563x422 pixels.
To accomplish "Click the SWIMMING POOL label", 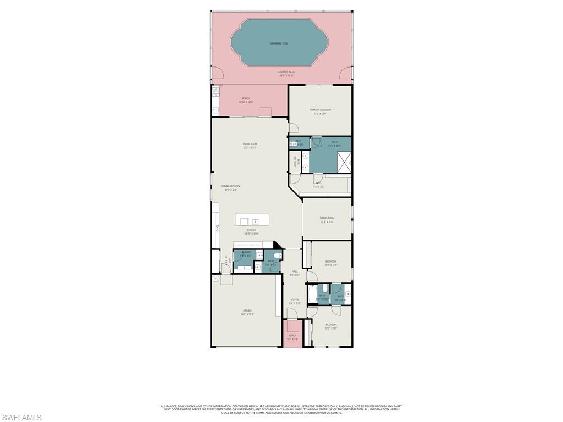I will click(x=279, y=43).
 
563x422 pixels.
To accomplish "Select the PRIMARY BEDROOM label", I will click(x=319, y=110).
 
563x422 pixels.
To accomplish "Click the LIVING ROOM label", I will click(x=250, y=144).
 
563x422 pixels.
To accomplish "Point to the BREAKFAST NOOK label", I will click(x=230, y=186).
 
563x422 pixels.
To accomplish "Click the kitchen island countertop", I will click(x=252, y=220).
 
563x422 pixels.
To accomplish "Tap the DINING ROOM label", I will click(x=327, y=218).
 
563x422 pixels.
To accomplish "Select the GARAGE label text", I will click(x=247, y=310).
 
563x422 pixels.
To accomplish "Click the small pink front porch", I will click(x=292, y=337).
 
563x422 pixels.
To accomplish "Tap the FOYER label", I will click(x=295, y=300).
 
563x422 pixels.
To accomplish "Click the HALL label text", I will click(x=295, y=271).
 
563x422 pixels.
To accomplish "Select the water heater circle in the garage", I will click(x=216, y=279).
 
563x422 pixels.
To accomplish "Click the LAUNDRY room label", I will click(x=246, y=252).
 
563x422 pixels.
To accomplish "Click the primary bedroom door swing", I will click(x=294, y=128).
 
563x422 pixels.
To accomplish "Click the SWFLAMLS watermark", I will click(x=21, y=418).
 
